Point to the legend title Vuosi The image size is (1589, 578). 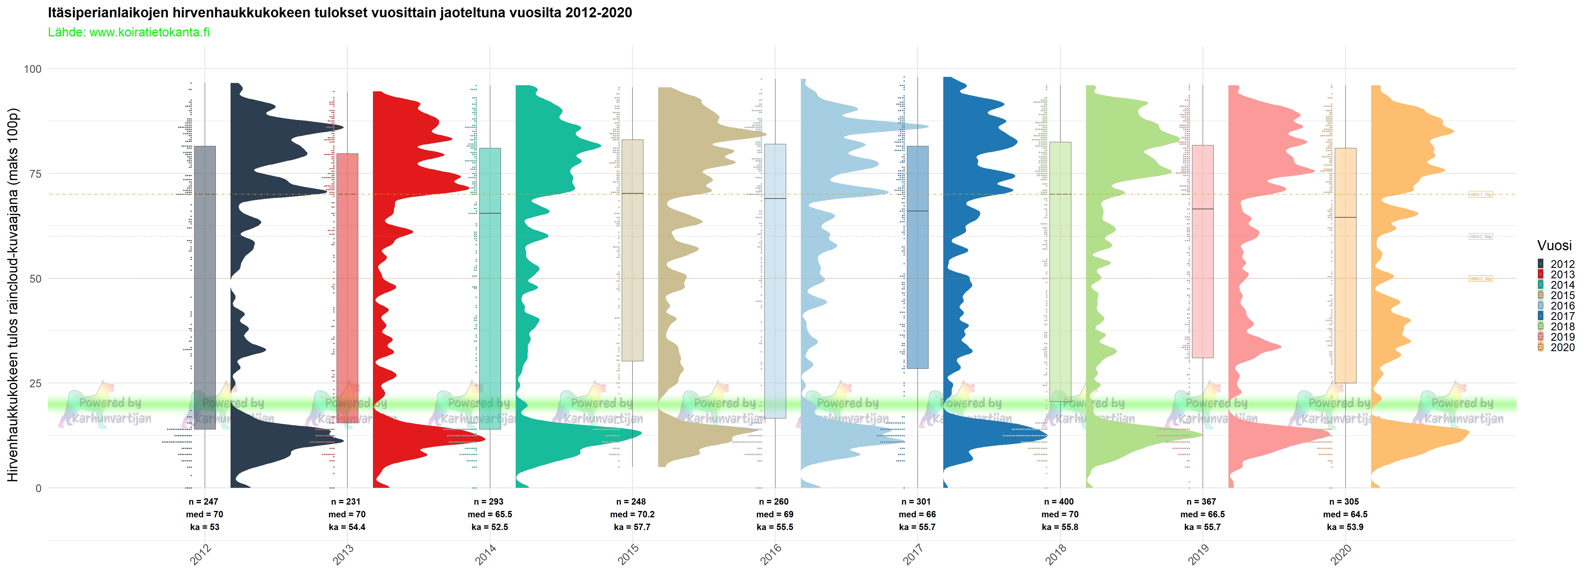pyautogui.click(x=1554, y=246)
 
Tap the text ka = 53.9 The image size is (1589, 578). pyautogui.click(x=1345, y=527)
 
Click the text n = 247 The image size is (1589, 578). pyautogui.click(x=204, y=501)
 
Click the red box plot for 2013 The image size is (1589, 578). pyautogui.click(x=347, y=278)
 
